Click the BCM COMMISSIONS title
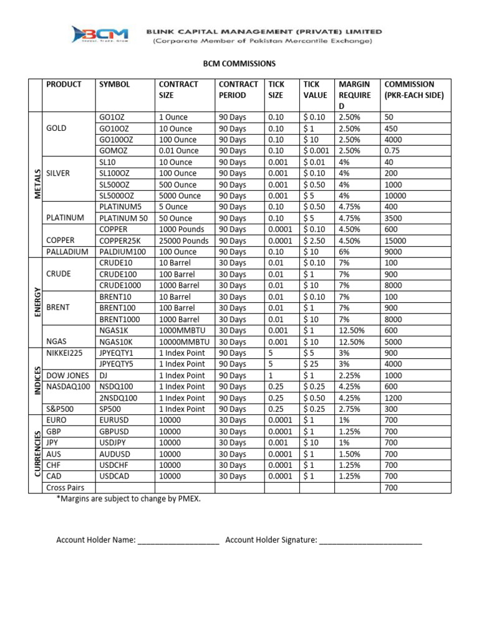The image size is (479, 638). (x=239, y=64)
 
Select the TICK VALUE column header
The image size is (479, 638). (x=316, y=90)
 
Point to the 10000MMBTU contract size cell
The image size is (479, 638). (x=185, y=342)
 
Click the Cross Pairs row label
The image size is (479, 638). (x=65, y=488)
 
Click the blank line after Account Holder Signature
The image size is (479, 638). (x=370, y=541)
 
